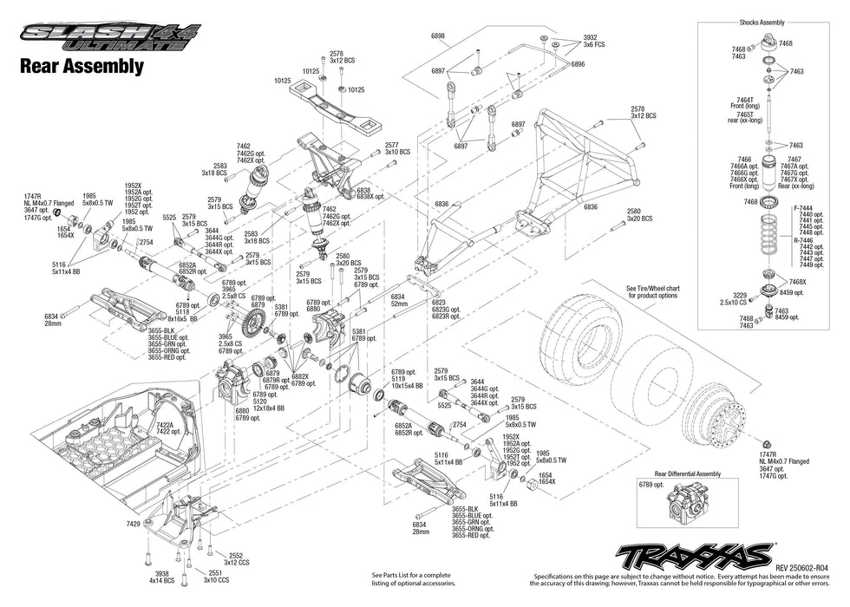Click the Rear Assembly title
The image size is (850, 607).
click(82, 66)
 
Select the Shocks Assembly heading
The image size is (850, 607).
click(762, 23)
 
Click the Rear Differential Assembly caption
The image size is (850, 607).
click(687, 473)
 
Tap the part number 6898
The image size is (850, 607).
click(438, 36)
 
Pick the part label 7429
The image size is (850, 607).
click(132, 525)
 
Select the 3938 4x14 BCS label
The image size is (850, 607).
click(160, 577)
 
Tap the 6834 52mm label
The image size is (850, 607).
click(398, 300)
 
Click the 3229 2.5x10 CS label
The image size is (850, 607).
click(726, 299)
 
